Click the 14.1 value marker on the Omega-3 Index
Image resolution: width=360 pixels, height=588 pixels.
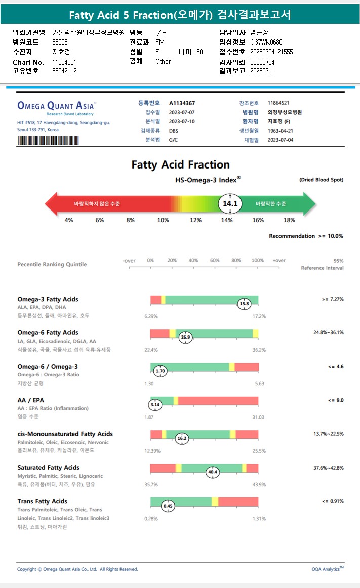(230, 204)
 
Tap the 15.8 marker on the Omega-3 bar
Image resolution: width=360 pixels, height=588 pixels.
(245, 304)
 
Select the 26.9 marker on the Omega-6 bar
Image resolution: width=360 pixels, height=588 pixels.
(185, 337)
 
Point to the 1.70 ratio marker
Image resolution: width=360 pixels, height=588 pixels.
(161, 371)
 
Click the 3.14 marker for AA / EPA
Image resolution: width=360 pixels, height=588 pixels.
(155, 405)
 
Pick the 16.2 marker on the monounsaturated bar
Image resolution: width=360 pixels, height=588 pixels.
(182, 438)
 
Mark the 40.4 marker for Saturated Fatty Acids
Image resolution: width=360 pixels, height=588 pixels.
(213, 472)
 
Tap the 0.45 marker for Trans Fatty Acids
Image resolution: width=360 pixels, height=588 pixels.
(168, 505)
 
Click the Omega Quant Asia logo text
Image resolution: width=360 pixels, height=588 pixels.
(56, 106)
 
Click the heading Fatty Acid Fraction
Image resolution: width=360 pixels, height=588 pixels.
(180, 164)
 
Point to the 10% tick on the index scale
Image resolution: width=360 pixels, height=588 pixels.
(163, 220)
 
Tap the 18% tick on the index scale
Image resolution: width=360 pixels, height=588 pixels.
(289, 220)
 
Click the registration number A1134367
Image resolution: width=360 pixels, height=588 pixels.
(182, 103)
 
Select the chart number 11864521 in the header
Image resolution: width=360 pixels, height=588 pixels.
(64, 62)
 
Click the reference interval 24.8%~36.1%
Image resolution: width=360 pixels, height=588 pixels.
(329, 332)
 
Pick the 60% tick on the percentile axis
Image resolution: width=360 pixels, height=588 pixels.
(215, 260)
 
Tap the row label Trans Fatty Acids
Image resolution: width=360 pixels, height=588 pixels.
(42, 501)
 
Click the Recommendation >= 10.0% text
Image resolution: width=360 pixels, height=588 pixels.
(306, 236)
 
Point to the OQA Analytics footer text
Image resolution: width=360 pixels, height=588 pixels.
(327, 569)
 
